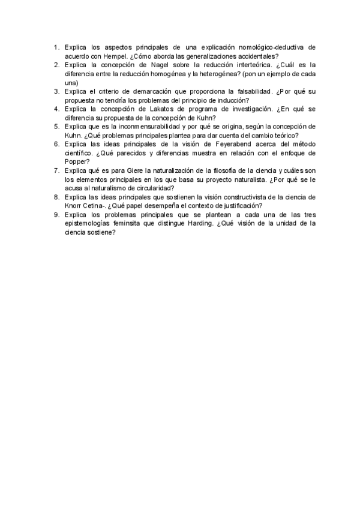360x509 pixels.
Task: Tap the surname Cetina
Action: (x=95, y=206)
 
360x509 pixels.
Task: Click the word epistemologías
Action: (x=90, y=223)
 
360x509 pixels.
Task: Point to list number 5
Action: (x=56, y=127)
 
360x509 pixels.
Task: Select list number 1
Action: (x=56, y=47)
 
